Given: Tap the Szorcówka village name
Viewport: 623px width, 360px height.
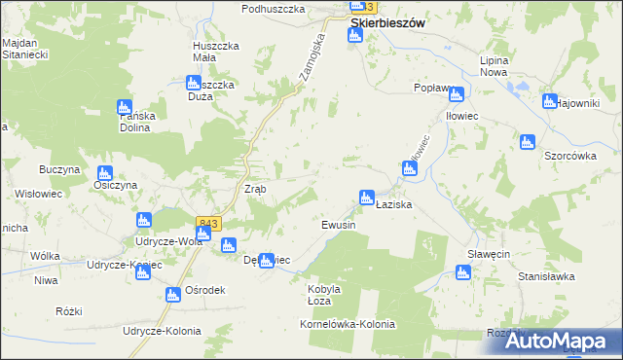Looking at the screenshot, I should [569, 155].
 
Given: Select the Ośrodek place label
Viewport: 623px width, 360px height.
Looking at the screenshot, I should [205, 290].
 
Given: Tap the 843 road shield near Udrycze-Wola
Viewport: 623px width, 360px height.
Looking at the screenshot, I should [206, 224].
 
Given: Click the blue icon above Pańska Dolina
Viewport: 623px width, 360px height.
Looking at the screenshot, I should [124, 107].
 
